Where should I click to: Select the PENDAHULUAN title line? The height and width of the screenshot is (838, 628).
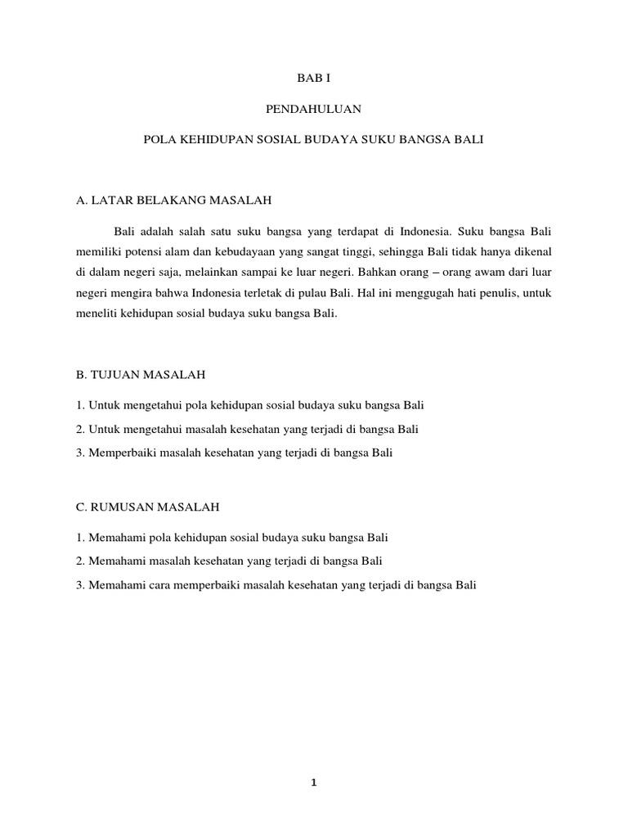click(313, 109)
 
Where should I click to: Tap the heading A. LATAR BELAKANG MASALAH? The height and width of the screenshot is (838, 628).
click(173, 200)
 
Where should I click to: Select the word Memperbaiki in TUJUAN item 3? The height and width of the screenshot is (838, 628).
click(116, 452)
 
